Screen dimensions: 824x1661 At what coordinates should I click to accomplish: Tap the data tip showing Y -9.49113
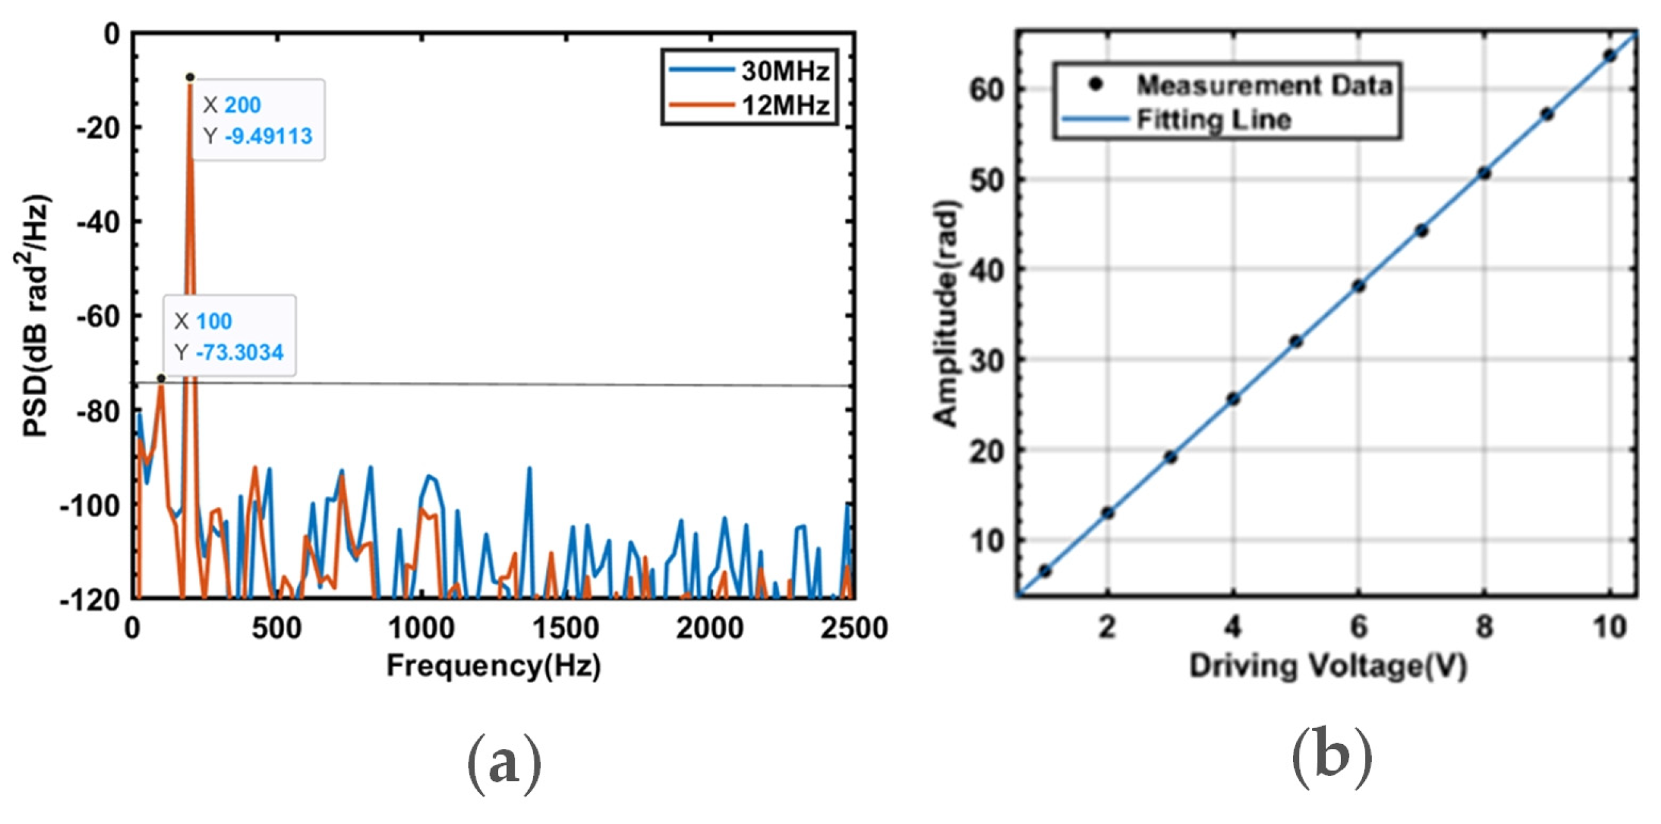tap(258, 120)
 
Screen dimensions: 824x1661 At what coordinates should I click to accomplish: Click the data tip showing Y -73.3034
tap(230, 336)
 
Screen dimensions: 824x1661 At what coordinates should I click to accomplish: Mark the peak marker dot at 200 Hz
tap(190, 77)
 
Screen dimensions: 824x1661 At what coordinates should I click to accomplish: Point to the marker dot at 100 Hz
tap(161, 378)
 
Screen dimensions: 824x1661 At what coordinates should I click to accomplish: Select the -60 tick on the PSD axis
tap(99, 316)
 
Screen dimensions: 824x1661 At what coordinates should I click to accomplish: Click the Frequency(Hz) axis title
tap(494, 665)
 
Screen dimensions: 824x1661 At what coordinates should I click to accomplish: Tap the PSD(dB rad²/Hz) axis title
tap(35, 316)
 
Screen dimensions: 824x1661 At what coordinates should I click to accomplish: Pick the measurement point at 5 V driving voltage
tap(1296, 341)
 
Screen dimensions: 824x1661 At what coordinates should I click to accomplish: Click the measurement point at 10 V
tap(1609, 56)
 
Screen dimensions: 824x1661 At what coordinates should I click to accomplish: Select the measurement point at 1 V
tap(1045, 570)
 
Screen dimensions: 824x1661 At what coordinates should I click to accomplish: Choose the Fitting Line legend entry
tap(1212, 120)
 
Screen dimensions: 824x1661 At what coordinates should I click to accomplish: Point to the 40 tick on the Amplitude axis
tap(987, 270)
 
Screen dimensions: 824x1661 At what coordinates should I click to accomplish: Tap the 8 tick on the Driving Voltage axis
tap(1484, 627)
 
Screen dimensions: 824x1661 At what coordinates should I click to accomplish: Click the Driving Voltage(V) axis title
tap(1328, 665)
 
